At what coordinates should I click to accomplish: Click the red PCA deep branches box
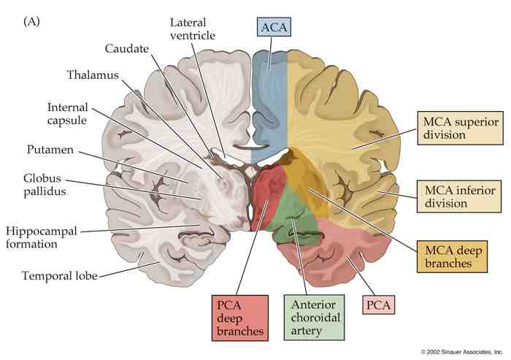point(236,317)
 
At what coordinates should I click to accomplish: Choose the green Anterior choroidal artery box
point(313,317)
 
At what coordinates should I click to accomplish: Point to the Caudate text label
point(126,48)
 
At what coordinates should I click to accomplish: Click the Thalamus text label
point(93,74)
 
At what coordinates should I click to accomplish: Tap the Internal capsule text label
point(68,112)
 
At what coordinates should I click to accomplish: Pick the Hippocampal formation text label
point(42,237)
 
